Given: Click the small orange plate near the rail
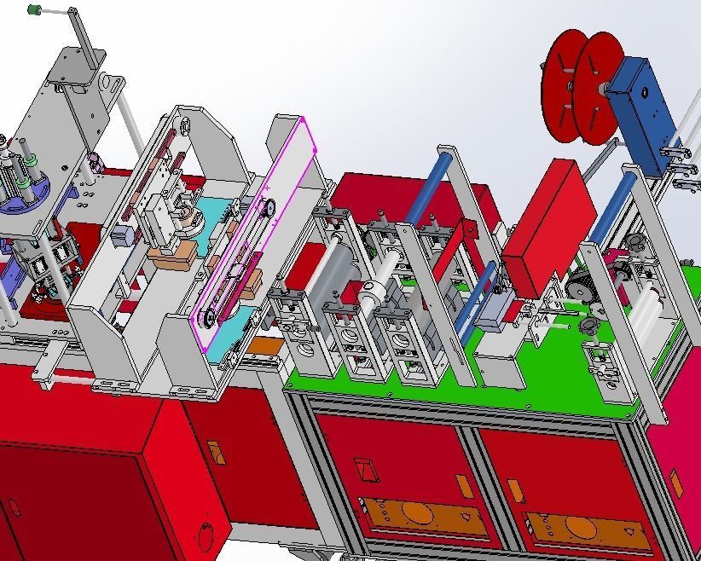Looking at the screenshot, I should click(x=266, y=346).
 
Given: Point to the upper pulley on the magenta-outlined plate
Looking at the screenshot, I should click(x=268, y=205).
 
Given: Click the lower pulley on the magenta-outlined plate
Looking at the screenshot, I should click(x=207, y=318).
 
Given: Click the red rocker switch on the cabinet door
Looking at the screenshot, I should click(x=364, y=468).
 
